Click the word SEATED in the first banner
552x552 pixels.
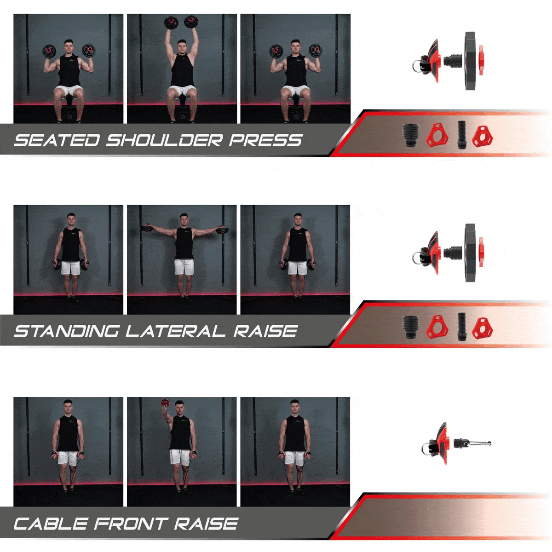[57, 140]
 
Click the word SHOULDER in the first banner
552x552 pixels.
[164, 140]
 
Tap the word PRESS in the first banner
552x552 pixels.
[265, 140]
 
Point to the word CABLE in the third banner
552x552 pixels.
[51, 523]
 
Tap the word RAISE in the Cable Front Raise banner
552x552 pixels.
[206, 523]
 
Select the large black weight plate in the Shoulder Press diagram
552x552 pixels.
[469, 61]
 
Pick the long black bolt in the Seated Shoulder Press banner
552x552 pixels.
[461, 135]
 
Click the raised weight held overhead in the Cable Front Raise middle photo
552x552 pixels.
[165, 403]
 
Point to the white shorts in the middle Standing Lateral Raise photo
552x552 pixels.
[184, 267]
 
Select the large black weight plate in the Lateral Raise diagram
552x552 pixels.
[470, 253]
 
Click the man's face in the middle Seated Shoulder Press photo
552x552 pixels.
[182, 46]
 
